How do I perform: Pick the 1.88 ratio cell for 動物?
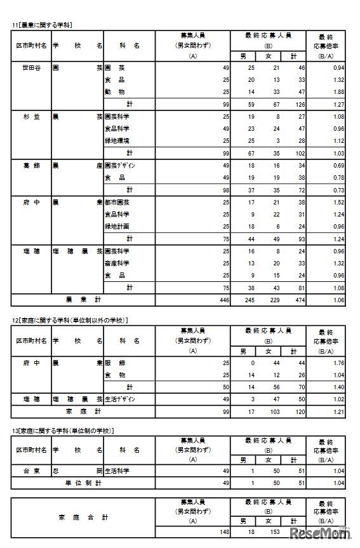pyautogui.click(x=338, y=91)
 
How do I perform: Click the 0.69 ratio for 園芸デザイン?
pyautogui.click(x=338, y=166)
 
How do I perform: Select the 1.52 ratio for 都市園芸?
pyautogui.click(x=338, y=202)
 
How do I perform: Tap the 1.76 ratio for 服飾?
pyautogui.click(x=338, y=363)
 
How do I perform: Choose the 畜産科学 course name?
pyautogui.click(x=117, y=263)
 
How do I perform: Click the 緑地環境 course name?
pyautogui.click(x=117, y=141)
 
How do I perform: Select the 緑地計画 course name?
pyautogui.click(x=117, y=226)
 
